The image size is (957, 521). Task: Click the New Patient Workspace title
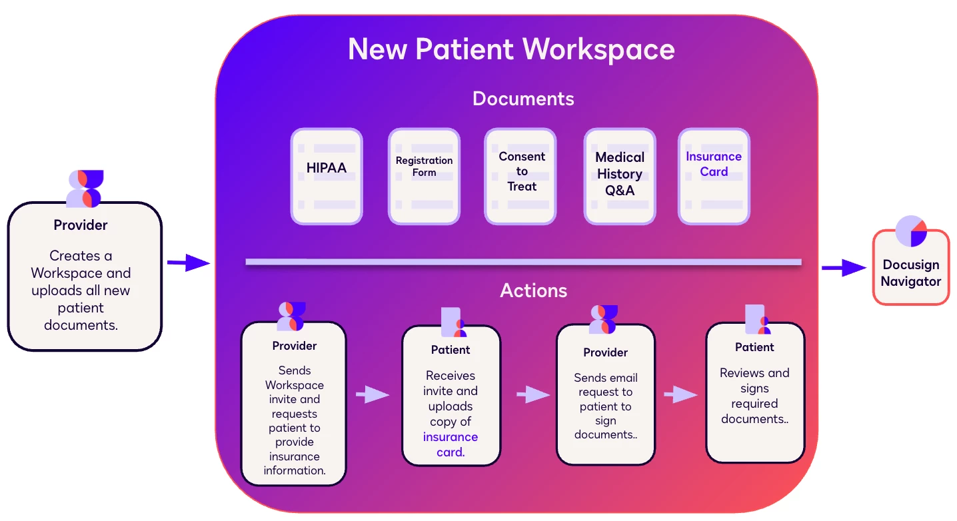(511, 49)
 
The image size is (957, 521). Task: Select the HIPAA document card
(327, 176)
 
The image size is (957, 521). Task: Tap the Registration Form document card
(424, 176)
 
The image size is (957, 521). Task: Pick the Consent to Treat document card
(520, 176)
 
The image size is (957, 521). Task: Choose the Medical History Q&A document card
(620, 176)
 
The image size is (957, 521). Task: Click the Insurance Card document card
(714, 176)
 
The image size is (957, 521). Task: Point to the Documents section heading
(523, 99)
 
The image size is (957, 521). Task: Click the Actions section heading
(534, 290)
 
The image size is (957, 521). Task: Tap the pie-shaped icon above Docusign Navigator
(911, 231)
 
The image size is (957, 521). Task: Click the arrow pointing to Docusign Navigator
(843, 268)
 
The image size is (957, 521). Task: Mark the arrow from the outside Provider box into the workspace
(188, 262)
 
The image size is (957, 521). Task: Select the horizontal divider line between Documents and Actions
(523, 262)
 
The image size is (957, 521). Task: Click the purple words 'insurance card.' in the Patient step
(451, 444)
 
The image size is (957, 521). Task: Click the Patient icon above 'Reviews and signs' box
(756, 320)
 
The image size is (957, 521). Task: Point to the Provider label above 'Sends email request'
(605, 352)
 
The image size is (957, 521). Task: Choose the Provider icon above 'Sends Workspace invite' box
(291, 316)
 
